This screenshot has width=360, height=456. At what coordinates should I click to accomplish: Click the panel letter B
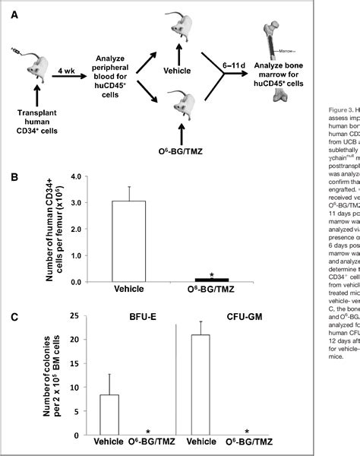coord(13,178)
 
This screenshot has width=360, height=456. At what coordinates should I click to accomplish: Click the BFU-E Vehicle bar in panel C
coord(109,415)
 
